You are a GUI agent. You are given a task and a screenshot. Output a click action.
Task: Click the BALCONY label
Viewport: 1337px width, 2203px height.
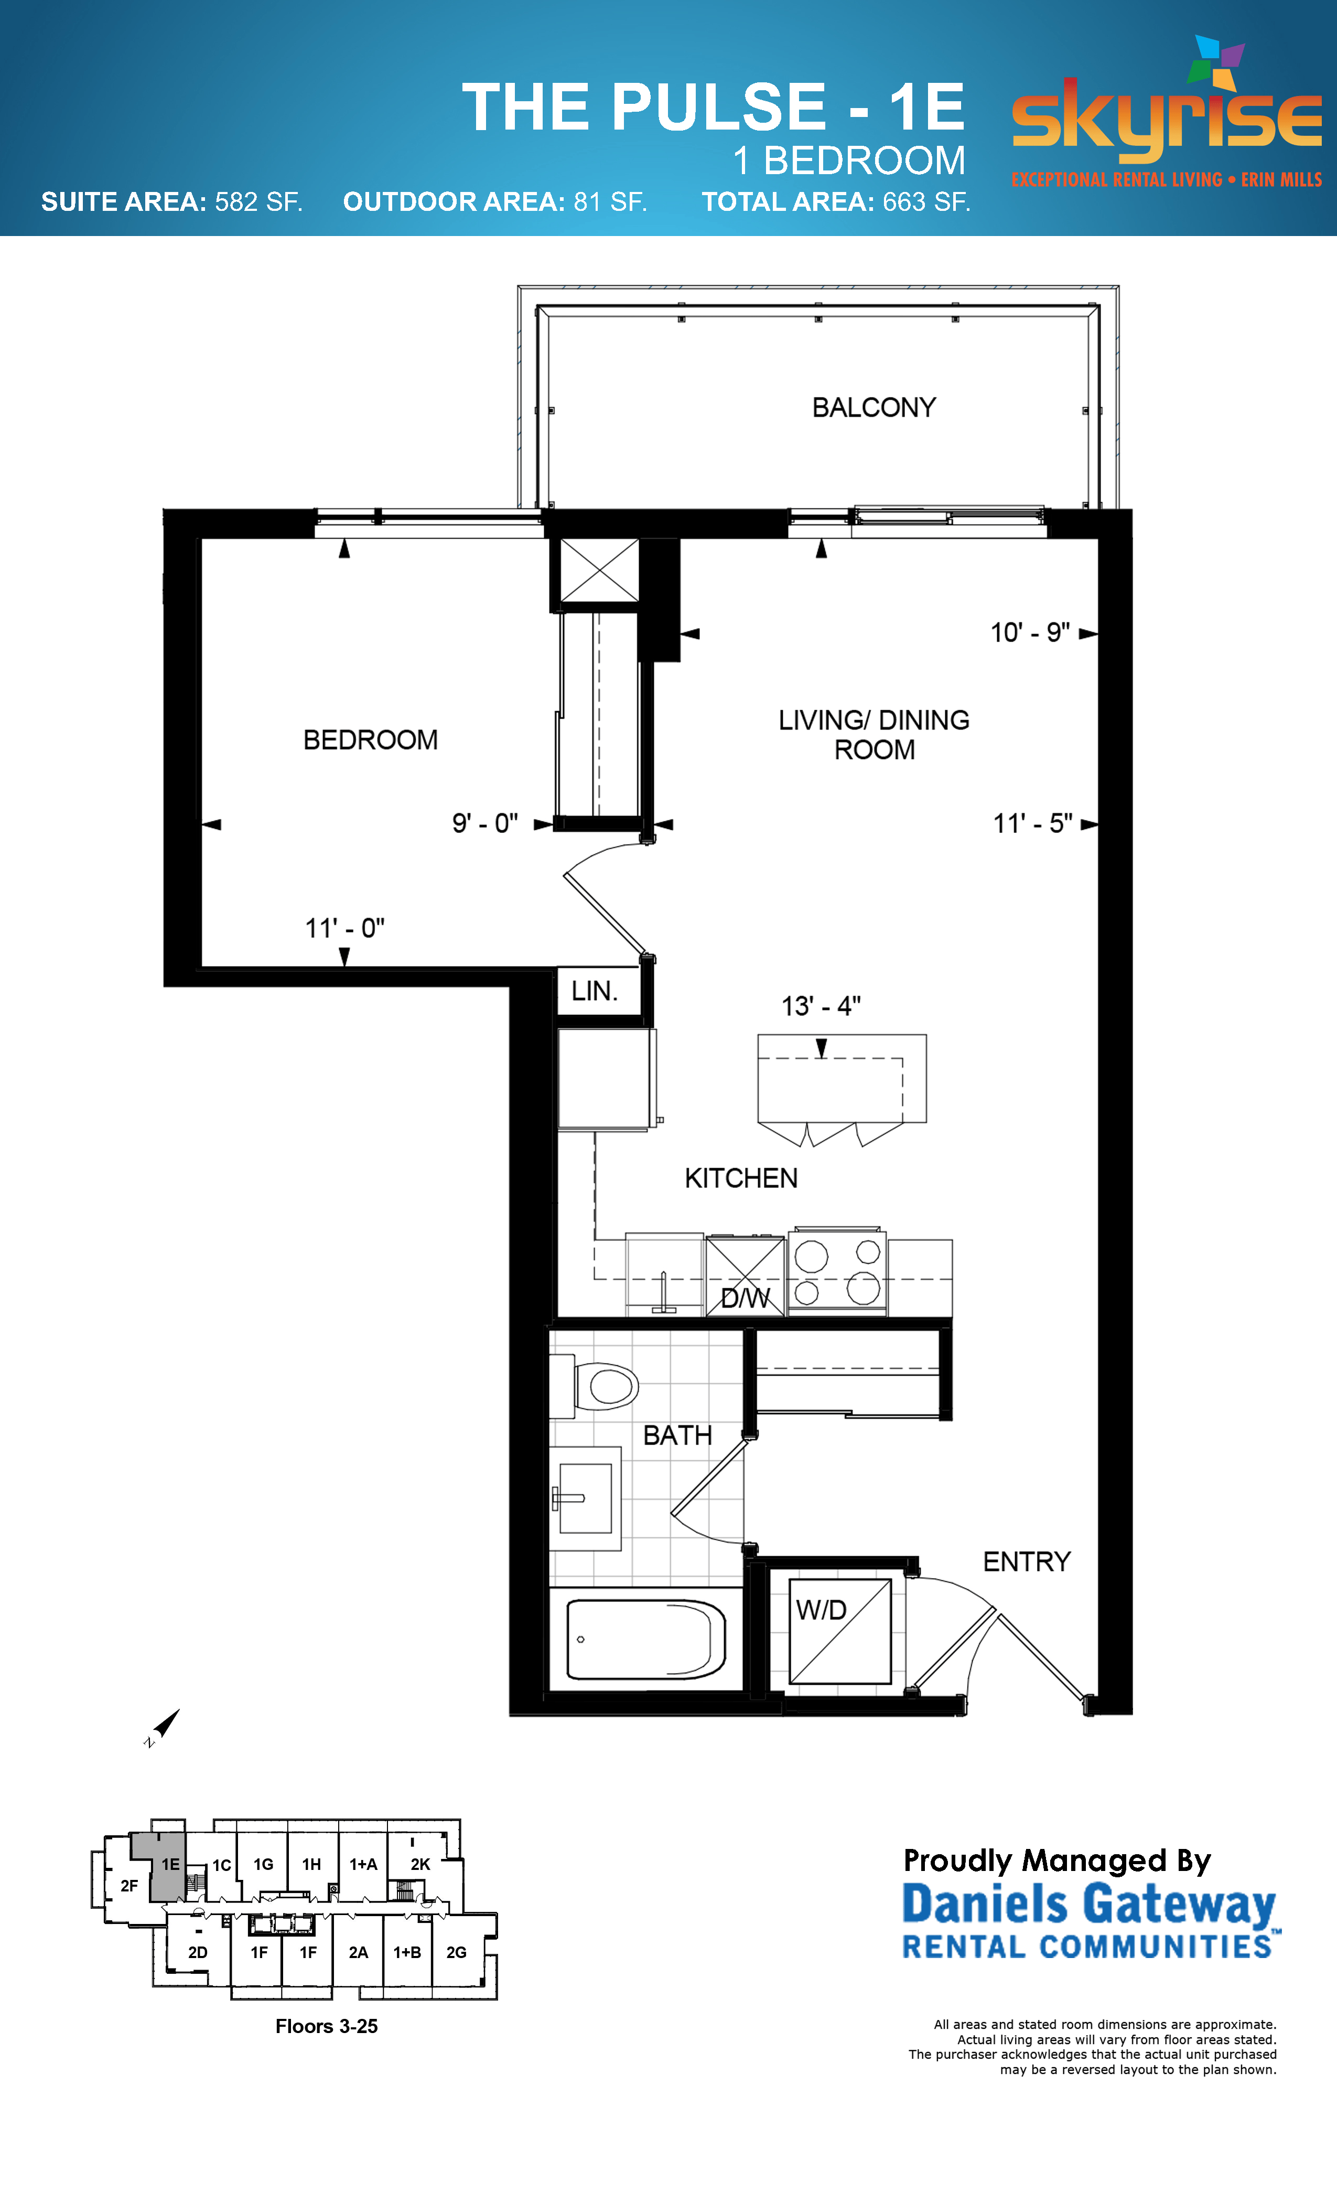(x=873, y=408)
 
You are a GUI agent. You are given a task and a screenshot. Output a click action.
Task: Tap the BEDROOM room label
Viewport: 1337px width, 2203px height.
(x=370, y=740)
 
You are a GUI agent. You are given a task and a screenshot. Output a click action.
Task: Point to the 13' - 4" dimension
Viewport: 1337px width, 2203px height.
(x=821, y=1006)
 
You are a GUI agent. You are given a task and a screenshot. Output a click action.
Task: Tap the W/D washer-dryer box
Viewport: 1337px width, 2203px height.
(x=839, y=1632)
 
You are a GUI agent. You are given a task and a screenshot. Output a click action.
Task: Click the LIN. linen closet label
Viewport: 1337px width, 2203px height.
(x=595, y=991)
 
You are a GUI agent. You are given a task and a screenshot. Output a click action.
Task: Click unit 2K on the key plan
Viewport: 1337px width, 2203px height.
(x=420, y=1864)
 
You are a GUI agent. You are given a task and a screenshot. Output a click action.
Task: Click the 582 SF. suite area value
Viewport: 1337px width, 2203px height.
(x=258, y=202)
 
